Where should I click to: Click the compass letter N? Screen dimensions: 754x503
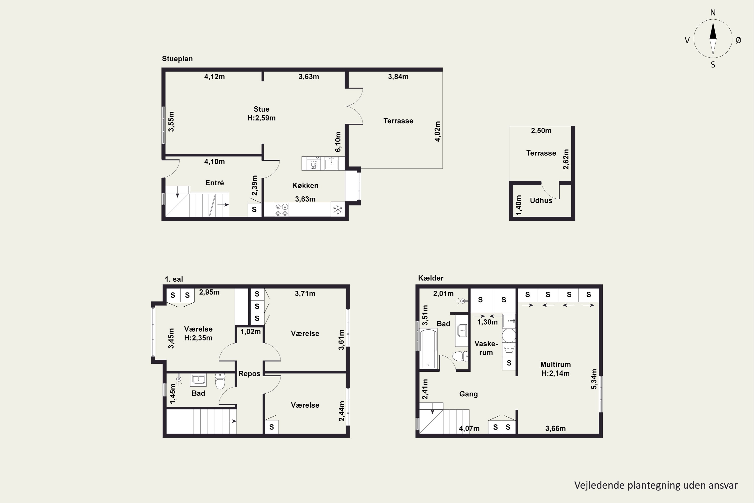tap(713, 13)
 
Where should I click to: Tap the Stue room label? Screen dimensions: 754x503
tap(261, 109)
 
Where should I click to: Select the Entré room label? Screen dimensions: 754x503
tap(214, 183)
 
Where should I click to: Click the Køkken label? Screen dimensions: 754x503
tap(305, 185)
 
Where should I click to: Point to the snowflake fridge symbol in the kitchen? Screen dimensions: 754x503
tap(338, 210)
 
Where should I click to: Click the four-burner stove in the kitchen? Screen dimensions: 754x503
tap(282, 210)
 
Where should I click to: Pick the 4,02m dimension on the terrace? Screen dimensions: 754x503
tap(438, 131)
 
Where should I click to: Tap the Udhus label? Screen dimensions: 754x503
tap(541, 200)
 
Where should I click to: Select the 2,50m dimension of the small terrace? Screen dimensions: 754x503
tap(541, 131)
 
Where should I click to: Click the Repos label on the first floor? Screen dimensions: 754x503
tap(249, 374)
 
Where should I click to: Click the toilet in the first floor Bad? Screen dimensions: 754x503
tap(220, 381)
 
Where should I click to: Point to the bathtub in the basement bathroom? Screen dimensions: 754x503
tap(429, 348)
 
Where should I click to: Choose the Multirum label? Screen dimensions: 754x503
tap(555, 364)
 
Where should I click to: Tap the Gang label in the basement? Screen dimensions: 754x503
tap(468, 394)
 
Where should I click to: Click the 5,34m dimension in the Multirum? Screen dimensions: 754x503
tap(594, 379)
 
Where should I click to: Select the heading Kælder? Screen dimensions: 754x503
tap(431, 278)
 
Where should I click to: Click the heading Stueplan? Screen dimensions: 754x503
tap(177, 59)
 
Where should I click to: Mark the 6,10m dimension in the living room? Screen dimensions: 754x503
tap(338, 142)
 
